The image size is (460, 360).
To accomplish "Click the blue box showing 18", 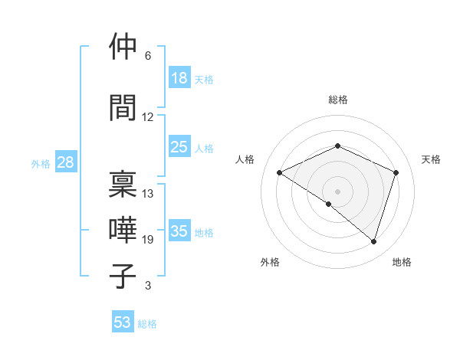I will pos(179,78).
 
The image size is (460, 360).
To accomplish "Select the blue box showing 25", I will pos(179,147).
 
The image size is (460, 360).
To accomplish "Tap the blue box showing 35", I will pos(179,231).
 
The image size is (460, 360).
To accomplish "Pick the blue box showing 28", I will pos(65,162).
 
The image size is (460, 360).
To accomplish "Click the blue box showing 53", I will pos(123,322).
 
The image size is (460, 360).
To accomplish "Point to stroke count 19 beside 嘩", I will pos(148,240).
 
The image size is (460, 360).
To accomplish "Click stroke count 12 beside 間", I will pos(148,117).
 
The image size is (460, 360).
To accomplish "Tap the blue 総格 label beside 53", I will pos(147,324).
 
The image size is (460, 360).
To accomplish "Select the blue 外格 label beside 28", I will pos(41,163).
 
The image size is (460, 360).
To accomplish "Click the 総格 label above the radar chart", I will pos(337,100).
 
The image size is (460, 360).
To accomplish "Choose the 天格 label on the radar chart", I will pos(431,159).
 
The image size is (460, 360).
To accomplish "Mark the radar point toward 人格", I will pos(280,172).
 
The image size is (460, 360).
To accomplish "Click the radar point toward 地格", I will pos(373,242).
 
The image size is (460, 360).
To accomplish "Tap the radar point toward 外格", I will pos(329,204).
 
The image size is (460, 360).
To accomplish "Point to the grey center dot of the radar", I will pos(337,191).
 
